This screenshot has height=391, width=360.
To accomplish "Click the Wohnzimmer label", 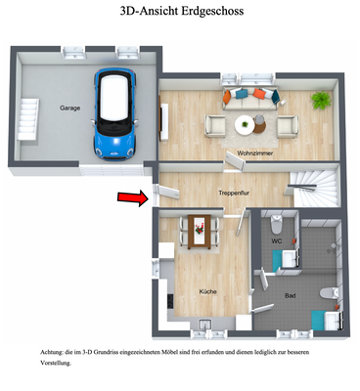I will (x=253, y=153).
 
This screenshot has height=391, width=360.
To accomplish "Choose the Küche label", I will (x=209, y=291).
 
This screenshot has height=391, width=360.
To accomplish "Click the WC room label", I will (x=277, y=239).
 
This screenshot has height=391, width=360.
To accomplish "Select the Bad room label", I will (x=290, y=295).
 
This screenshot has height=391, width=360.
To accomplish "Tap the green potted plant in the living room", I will (x=320, y=99).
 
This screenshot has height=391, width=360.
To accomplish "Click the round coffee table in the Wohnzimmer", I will (x=244, y=122).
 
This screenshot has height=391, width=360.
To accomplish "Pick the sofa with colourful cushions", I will (x=250, y=96).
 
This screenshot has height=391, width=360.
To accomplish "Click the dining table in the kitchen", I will (x=199, y=228).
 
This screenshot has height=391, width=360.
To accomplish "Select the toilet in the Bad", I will (x=329, y=293).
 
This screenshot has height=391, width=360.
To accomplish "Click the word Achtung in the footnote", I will (x=44, y=349).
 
